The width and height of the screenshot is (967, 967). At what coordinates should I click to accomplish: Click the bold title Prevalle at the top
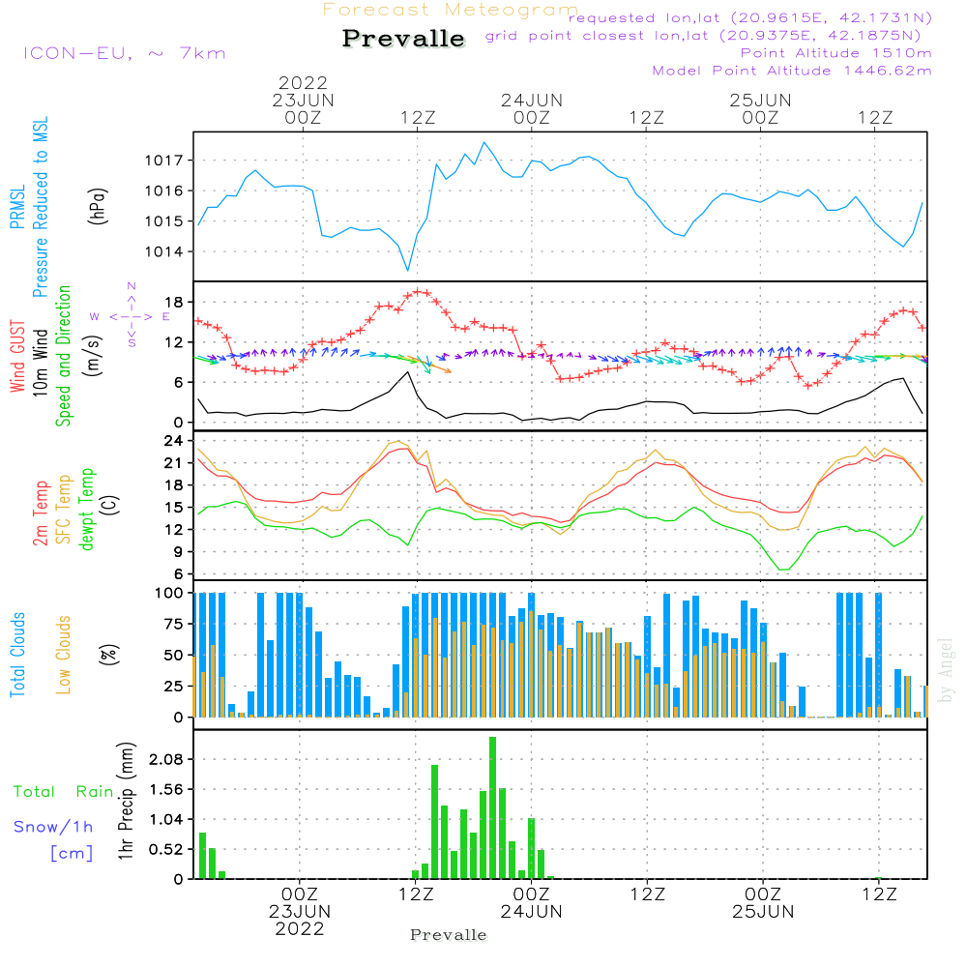coord(403,39)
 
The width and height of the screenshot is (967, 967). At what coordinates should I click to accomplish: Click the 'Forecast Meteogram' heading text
coord(451,10)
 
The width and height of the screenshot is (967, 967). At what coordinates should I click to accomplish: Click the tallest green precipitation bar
coord(492,807)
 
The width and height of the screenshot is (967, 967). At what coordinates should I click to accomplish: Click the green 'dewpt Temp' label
coord(87,510)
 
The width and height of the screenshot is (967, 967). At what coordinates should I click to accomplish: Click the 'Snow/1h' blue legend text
coord(54,827)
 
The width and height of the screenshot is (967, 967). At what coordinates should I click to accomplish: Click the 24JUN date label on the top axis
coord(531,100)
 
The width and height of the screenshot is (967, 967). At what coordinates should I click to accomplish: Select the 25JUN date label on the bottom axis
coord(762,911)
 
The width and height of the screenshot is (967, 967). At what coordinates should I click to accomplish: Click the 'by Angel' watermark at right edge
coord(946,669)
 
